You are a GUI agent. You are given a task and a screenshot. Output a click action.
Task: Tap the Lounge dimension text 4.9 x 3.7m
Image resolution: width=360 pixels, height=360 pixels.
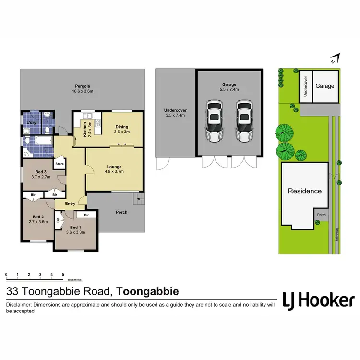[114, 171]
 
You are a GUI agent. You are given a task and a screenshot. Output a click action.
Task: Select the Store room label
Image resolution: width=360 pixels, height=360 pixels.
[60, 164]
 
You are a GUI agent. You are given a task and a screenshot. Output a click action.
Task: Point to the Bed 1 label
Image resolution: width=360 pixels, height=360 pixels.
[75, 227]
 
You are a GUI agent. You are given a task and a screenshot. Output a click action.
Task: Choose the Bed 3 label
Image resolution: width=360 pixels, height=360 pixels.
[41, 172]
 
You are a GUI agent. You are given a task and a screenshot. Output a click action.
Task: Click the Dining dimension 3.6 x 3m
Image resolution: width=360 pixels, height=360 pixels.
[121, 132]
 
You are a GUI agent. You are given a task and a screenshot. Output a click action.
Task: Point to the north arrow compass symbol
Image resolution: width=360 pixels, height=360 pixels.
[335, 60]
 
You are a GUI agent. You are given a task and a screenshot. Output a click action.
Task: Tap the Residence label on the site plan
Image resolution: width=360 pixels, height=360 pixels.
[304, 191]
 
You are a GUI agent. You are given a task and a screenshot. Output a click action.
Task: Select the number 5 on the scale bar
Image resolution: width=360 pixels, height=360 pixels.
[63, 275]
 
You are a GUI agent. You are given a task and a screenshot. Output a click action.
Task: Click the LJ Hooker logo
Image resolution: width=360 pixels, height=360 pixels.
[318, 300]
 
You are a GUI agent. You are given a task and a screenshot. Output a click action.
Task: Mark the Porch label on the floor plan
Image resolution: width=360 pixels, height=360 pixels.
[121, 212]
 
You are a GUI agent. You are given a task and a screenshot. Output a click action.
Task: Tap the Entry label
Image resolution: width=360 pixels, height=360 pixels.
[70, 204]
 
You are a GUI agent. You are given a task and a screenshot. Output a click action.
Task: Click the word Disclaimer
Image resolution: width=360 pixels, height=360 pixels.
[21, 305]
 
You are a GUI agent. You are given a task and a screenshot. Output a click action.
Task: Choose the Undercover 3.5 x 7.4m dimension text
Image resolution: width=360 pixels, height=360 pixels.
[175, 116]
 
